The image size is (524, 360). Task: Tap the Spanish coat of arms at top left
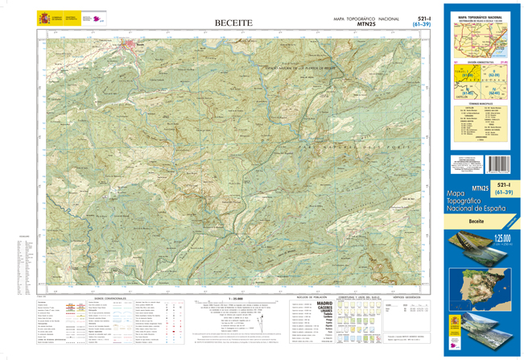click(x=43, y=18)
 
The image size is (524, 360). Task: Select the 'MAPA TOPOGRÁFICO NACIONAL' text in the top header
click(x=366, y=18)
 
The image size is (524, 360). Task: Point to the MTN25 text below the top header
click(x=366, y=24)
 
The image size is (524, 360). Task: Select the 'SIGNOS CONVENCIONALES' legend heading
click(x=110, y=298)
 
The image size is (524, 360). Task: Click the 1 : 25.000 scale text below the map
click(x=236, y=298)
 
